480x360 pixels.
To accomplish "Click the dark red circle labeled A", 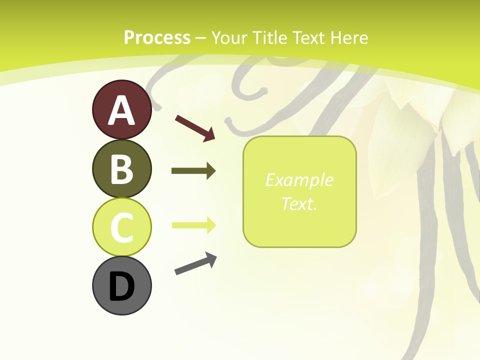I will (x=121, y=109).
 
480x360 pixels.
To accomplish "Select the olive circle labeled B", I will (x=121, y=168).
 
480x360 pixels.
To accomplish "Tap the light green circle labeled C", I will (x=121, y=227).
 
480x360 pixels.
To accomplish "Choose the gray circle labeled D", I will (x=121, y=285).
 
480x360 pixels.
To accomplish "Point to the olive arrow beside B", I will (x=193, y=171).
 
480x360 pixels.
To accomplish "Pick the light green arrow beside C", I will (x=193, y=225).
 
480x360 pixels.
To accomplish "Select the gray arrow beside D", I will (x=195, y=263).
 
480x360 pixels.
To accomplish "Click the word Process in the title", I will (x=157, y=38).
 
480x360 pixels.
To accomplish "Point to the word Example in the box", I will (x=299, y=180).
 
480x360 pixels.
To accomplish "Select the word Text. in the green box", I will (x=299, y=203).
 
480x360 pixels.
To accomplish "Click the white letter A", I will (x=121, y=110).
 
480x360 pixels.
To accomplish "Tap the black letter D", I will (x=121, y=286).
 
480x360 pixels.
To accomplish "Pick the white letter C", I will (x=121, y=228).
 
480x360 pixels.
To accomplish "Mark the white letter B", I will (x=121, y=169).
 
